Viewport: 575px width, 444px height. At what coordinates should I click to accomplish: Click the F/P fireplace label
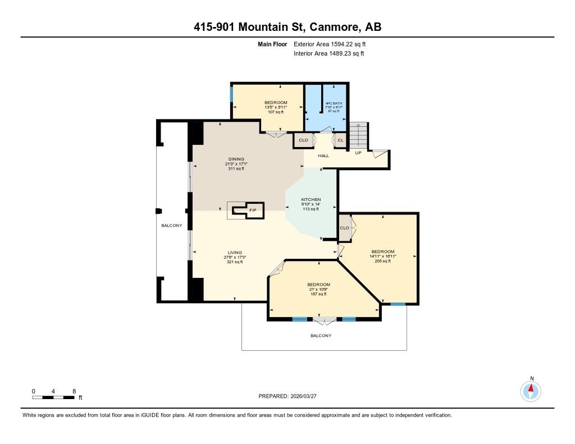pyautogui.click(x=253, y=210)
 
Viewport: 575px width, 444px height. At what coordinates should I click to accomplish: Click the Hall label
pyautogui.click(x=323, y=156)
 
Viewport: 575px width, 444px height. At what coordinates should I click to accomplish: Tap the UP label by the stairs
pyautogui.click(x=358, y=153)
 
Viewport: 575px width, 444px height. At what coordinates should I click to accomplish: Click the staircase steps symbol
pyautogui.click(x=358, y=135)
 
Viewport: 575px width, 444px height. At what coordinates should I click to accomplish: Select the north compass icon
pyautogui.click(x=531, y=391)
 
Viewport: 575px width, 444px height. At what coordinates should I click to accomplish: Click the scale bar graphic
pyautogui.click(x=53, y=397)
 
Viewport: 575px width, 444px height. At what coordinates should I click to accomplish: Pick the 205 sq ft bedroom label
pyautogui.click(x=383, y=257)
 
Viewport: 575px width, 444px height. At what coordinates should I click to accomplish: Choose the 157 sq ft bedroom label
pyautogui.click(x=318, y=289)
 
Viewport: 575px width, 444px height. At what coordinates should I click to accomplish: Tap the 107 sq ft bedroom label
pyautogui.click(x=276, y=107)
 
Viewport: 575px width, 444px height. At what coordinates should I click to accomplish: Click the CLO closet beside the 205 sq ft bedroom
pyautogui.click(x=344, y=228)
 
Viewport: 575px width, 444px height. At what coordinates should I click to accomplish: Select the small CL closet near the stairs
pyautogui.click(x=340, y=140)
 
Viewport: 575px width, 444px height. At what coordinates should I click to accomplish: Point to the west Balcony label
pyautogui.click(x=172, y=226)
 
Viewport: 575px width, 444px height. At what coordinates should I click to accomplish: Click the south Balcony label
pyautogui.click(x=321, y=336)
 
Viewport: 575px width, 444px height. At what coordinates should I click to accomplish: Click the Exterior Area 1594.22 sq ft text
pyautogui.click(x=330, y=44)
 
